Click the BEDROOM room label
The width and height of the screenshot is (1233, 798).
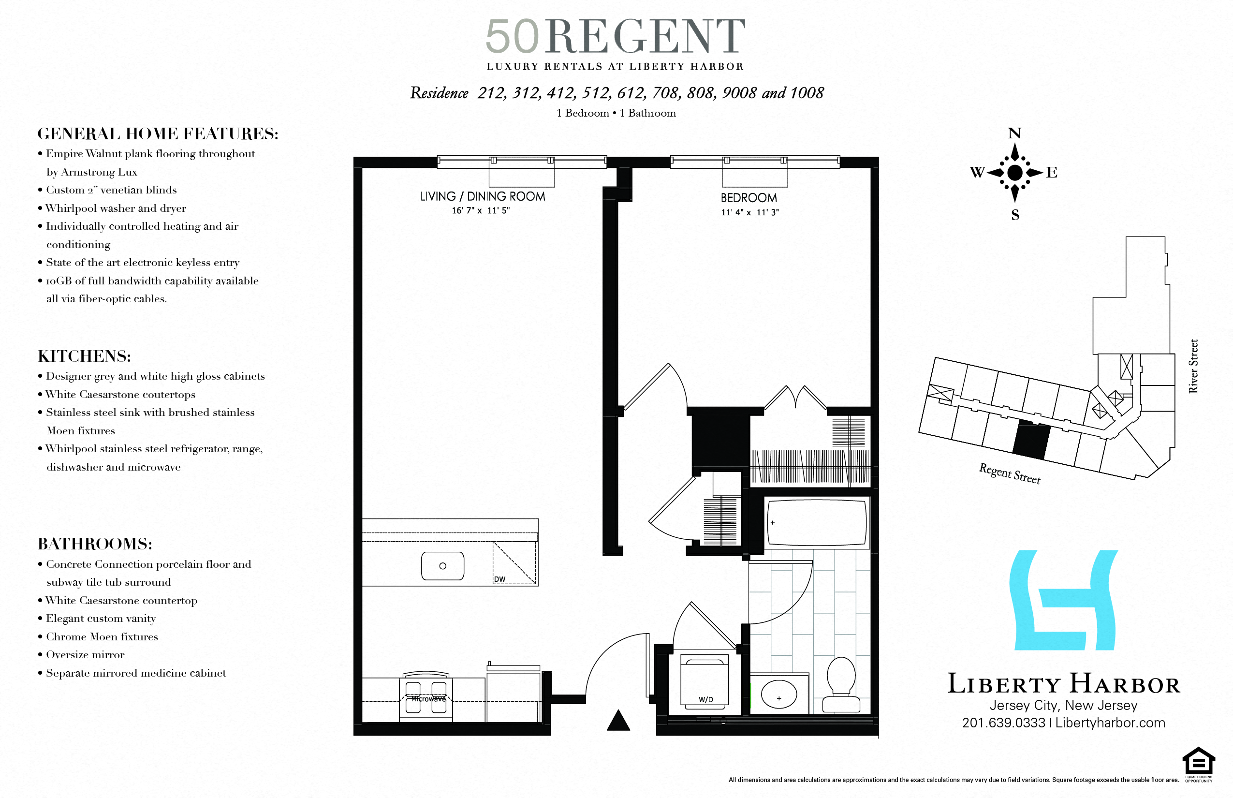click(749, 198)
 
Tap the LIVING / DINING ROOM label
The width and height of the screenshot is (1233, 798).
click(483, 197)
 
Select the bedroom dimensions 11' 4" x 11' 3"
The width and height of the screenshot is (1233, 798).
click(749, 212)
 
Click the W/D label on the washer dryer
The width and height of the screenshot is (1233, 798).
click(705, 699)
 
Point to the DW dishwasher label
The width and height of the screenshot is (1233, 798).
click(499, 579)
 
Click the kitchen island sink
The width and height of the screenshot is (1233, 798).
click(442, 566)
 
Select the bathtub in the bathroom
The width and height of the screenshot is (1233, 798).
click(817, 522)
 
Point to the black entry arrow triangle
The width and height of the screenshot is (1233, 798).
click(618, 721)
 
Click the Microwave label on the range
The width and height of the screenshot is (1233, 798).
click(428, 699)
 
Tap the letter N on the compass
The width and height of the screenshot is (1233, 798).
click(1014, 133)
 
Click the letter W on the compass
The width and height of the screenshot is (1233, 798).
click(977, 173)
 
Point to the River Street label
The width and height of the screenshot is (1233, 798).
click(1193, 366)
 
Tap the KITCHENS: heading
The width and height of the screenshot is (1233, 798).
click(85, 356)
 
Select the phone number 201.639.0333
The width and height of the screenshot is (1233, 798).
click(1003, 723)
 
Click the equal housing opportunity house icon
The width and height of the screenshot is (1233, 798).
click(1198, 761)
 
